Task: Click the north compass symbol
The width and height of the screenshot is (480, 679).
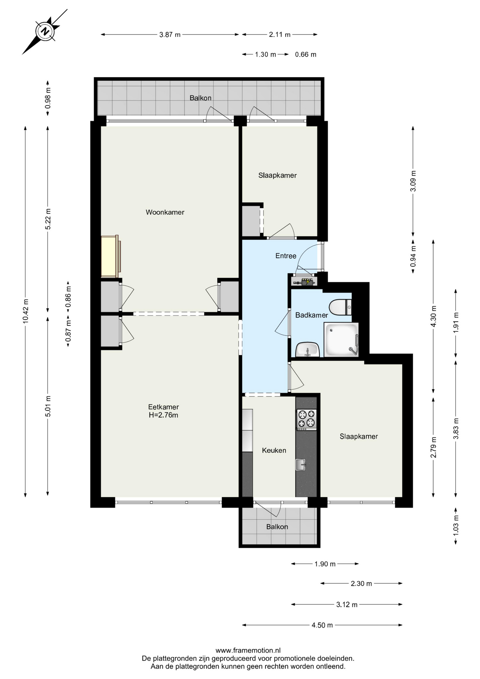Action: (45, 31)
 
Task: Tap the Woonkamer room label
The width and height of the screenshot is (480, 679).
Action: (165, 212)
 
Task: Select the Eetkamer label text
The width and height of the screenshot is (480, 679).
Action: (163, 407)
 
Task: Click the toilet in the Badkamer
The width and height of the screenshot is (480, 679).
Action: (340, 307)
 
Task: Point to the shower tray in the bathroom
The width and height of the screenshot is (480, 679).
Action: (341, 339)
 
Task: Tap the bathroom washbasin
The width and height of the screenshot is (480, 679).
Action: (308, 350)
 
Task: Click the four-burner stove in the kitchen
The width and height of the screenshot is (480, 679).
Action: (306, 419)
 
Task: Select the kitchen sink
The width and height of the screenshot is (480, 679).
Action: (300, 465)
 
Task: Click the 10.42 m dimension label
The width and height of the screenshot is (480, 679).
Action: (25, 311)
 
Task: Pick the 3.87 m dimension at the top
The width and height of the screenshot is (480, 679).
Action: (170, 35)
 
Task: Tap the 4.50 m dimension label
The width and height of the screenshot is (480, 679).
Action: (322, 625)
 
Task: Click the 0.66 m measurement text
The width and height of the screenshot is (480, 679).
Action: (306, 54)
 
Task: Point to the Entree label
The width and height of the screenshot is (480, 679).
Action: (286, 256)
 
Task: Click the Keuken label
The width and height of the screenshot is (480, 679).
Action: (274, 450)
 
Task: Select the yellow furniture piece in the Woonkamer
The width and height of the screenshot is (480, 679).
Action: (110, 256)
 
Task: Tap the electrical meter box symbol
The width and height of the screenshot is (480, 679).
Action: (304, 282)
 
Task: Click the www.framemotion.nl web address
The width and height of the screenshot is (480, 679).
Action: (248, 650)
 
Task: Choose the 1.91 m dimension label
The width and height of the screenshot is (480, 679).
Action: (456, 322)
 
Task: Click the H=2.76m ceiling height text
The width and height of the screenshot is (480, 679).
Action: (163, 415)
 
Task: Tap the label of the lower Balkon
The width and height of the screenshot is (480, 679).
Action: (277, 527)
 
